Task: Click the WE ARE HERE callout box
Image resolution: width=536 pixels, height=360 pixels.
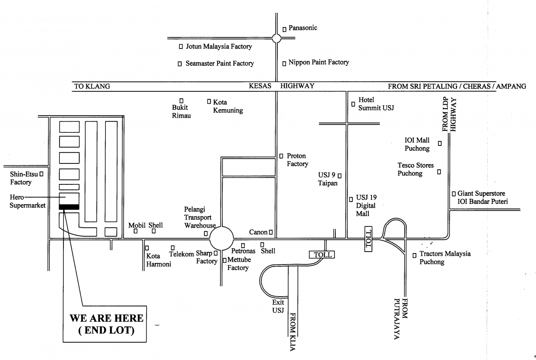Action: [105, 324]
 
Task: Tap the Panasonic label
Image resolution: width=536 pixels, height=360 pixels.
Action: [303, 28]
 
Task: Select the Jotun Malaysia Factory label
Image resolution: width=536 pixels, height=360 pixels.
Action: [219, 46]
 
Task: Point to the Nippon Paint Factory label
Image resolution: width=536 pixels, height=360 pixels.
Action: [318, 62]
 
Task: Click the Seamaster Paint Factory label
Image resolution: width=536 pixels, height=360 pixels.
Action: [219, 63]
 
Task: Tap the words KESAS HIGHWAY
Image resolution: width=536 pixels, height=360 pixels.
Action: [281, 86]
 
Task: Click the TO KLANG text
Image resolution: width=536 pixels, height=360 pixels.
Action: [92, 86]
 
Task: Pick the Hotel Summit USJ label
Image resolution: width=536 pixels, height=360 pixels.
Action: [376, 104]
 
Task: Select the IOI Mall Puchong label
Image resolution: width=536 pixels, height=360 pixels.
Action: [417, 144]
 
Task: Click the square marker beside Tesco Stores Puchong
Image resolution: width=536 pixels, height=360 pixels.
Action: [439, 172]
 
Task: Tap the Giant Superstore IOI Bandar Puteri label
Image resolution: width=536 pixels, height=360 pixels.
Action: [482, 197]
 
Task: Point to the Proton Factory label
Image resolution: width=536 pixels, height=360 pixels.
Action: [297, 160]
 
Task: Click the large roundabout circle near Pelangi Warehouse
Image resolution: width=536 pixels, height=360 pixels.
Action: [222, 238]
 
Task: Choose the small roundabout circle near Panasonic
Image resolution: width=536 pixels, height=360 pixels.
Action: [276, 38]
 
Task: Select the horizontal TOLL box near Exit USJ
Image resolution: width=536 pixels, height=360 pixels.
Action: [322, 255]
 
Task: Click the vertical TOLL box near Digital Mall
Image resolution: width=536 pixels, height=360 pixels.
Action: [368, 239]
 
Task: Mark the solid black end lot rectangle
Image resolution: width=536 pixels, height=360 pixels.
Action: [69, 207]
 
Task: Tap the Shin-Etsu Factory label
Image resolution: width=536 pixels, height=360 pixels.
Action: [24, 178]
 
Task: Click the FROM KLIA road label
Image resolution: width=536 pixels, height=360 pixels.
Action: [292, 332]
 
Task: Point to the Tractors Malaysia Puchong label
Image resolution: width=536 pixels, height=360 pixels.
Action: [445, 258]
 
